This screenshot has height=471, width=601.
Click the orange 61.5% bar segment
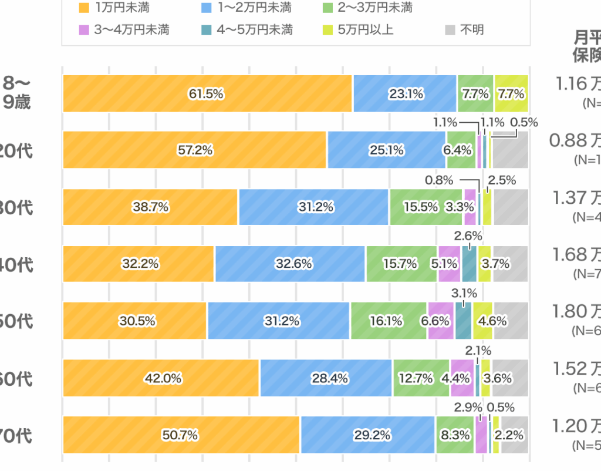[x=207, y=93]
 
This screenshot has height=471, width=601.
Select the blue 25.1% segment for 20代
[x=386, y=150]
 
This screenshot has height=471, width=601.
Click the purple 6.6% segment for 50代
[x=440, y=321]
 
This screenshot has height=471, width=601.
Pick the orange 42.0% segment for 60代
[x=161, y=378]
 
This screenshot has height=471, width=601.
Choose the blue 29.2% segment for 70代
[x=367, y=435]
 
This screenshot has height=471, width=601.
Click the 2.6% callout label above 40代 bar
[x=468, y=236]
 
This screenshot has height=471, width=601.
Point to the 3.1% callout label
[x=464, y=293]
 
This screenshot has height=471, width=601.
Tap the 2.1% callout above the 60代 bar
[x=478, y=351]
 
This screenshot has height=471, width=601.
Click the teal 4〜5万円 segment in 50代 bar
[x=463, y=321]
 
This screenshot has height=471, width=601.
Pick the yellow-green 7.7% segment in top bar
[x=511, y=93]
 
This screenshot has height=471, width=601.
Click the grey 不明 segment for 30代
[x=510, y=207]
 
